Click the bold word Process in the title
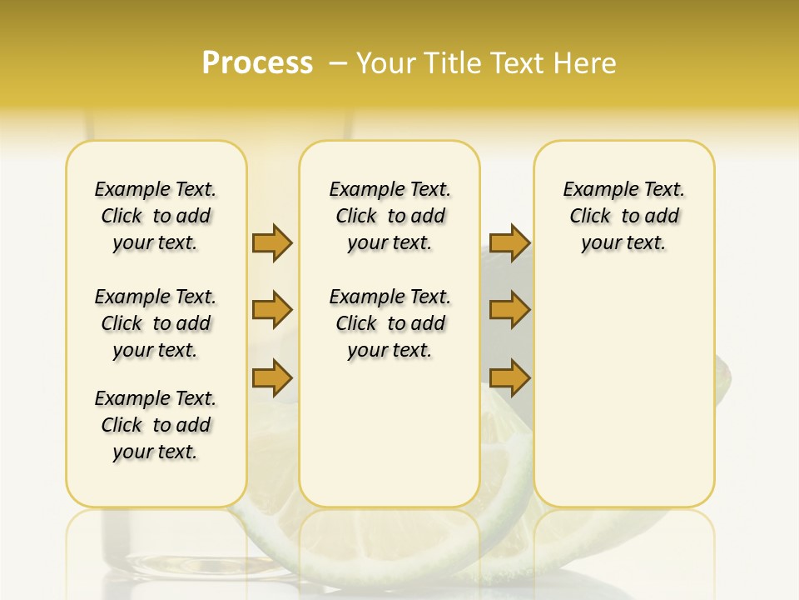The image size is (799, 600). pos(257,62)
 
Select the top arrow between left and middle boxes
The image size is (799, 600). pos(272,242)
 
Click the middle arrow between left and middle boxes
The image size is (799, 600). pos(272,310)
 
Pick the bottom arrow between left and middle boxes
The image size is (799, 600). pos(272,377)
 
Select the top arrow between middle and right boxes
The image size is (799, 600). pos(509,242)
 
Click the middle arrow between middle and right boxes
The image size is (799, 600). pos(509,310)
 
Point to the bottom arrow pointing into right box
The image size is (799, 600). pos(509,377)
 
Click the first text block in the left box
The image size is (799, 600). pos(156,216)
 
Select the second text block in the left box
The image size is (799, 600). pos(156,323)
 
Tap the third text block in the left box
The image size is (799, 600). pos(156,425)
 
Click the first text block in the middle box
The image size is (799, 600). pos(390,216)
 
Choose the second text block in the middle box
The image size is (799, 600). pos(390,323)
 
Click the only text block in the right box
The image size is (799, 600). pos(623,216)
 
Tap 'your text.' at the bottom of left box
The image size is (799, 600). pos(156,452)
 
